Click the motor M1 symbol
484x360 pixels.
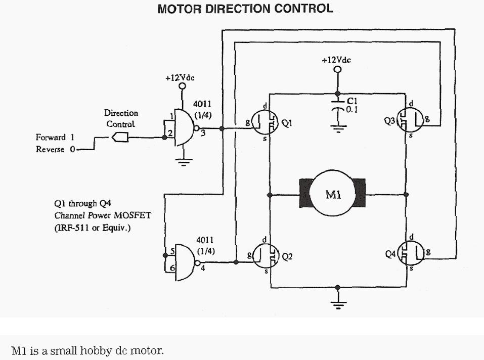click(x=332, y=193)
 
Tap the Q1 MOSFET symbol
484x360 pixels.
click(x=265, y=122)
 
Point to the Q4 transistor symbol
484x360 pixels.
click(x=411, y=252)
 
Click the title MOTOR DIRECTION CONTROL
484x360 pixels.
click(x=245, y=9)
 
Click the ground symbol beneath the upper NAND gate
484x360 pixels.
click(x=183, y=161)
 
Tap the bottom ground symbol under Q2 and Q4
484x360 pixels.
click(x=337, y=304)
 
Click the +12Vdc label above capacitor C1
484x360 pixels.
click(x=336, y=60)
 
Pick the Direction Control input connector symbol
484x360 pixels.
click(x=121, y=137)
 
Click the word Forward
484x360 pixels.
click(x=51, y=137)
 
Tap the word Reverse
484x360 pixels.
click(x=51, y=149)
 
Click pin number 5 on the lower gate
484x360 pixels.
click(x=172, y=250)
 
